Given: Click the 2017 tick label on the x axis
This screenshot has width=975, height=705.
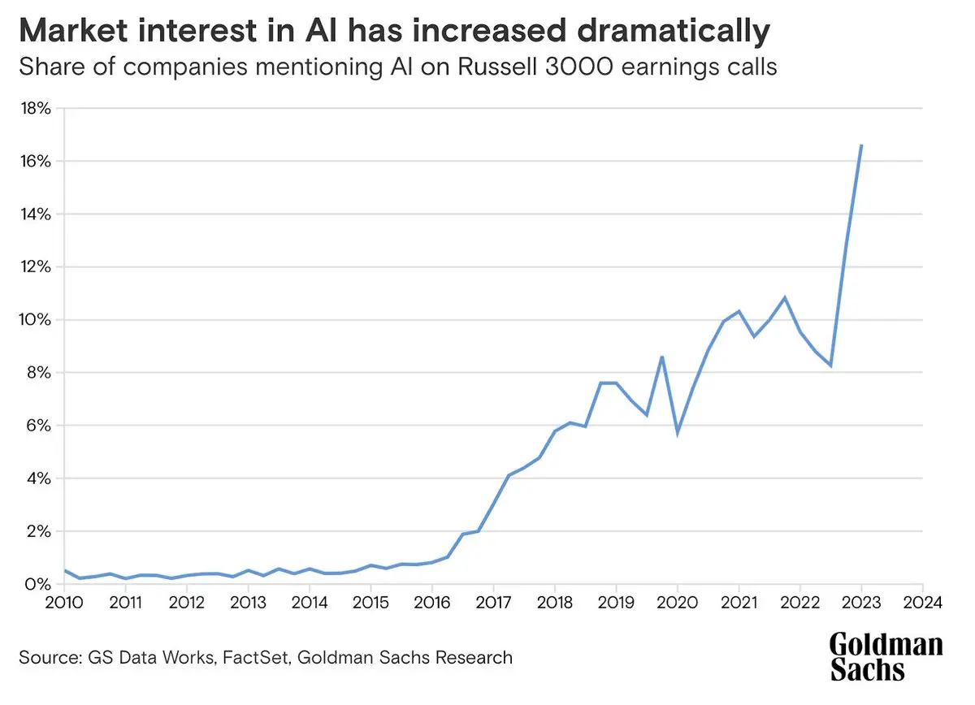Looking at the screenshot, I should coord(493,603).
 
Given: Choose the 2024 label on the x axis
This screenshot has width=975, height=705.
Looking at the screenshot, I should coord(922,603).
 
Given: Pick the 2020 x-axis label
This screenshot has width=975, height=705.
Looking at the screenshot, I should coord(677,603).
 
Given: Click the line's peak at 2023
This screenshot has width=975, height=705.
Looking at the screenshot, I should coord(861,145).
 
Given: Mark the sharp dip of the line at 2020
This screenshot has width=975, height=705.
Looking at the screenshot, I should coord(677,432).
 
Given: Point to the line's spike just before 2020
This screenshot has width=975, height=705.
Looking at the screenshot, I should coord(662,357).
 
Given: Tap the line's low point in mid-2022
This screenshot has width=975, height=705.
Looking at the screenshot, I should coord(830,365).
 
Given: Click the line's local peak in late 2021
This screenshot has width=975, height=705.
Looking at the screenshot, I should coord(785,297).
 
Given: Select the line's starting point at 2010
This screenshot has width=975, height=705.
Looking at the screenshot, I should coord(65,570).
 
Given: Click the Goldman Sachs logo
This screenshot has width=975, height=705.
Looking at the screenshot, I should coord(886,656).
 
